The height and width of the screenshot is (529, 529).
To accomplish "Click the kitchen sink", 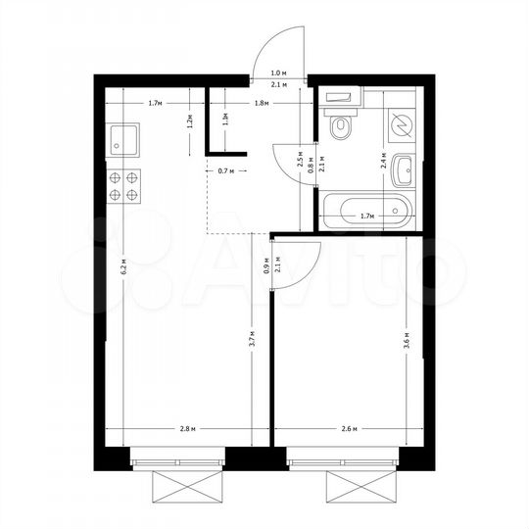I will click(x=124, y=140).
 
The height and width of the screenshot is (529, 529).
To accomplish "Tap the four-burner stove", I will click(x=124, y=185).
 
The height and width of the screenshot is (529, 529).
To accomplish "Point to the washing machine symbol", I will click(x=403, y=123).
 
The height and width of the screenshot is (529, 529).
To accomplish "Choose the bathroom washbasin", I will click(x=404, y=170).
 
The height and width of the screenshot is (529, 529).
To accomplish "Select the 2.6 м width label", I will click(x=348, y=429).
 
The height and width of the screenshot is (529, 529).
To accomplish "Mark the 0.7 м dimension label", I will click(x=226, y=170).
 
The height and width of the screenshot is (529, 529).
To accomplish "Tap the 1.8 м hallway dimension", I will click(x=261, y=103).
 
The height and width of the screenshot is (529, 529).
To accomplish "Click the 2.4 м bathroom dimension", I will click(x=383, y=165).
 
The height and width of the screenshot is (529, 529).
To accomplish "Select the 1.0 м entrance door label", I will click(x=278, y=73).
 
